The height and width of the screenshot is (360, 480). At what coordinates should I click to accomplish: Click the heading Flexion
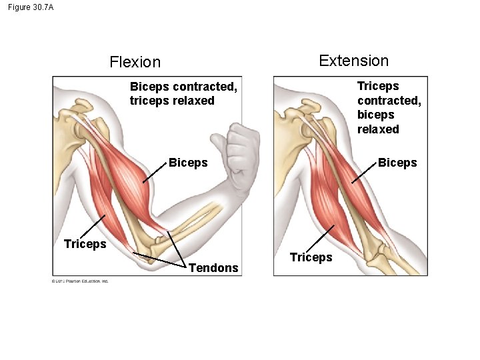point(135,63)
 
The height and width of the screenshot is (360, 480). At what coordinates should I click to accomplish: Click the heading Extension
point(353,61)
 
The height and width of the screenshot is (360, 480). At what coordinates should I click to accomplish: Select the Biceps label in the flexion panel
point(188,163)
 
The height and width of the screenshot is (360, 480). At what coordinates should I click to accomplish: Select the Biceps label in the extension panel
point(397,163)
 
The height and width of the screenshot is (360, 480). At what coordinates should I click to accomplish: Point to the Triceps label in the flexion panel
point(85,243)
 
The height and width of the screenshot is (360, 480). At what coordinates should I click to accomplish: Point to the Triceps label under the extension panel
point(311,257)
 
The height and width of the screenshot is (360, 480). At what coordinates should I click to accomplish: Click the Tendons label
point(213,268)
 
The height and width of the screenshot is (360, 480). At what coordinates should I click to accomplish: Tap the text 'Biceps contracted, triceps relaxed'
point(183,94)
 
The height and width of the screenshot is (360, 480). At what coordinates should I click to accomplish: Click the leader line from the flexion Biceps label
point(154,171)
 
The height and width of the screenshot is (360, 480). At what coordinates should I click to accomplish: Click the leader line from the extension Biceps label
point(363,171)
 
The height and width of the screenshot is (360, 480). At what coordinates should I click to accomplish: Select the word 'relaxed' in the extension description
point(378,129)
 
